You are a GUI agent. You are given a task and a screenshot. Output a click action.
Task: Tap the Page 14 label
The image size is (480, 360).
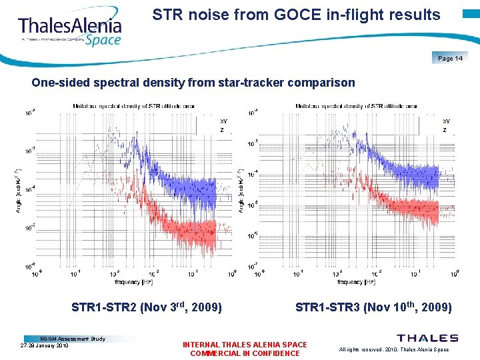(x=450, y=59)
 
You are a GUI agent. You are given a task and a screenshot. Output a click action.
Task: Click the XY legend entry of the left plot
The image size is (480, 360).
(x=223, y=122)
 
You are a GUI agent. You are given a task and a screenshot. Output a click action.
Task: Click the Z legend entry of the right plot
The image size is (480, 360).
(x=445, y=130)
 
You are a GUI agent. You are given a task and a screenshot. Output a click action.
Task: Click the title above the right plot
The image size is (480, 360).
(x=357, y=106)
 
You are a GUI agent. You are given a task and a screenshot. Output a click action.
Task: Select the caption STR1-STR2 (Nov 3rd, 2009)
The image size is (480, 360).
(x=147, y=308)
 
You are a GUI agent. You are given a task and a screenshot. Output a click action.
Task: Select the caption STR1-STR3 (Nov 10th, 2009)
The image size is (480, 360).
(x=373, y=308)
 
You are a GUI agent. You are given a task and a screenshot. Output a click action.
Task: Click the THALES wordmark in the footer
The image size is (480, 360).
(x=427, y=339)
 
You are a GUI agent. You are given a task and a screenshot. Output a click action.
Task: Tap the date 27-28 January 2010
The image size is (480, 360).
(x=45, y=346)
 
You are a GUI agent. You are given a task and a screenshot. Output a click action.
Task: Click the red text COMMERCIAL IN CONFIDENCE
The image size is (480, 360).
(x=245, y=353)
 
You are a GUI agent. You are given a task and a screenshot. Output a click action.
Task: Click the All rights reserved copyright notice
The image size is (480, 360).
(x=394, y=349)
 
